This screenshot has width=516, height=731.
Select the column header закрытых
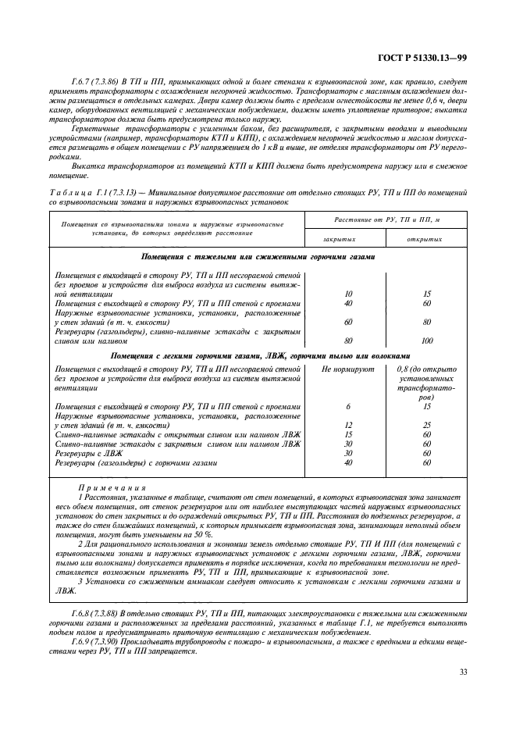point(339,240)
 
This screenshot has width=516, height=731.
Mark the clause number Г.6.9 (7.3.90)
point(94,641)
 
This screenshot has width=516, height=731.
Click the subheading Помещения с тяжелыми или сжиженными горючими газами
point(258,256)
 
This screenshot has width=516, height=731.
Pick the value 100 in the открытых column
point(426,341)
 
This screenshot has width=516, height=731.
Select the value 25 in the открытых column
point(426,425)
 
